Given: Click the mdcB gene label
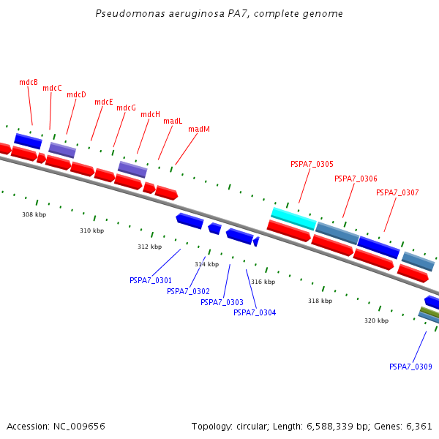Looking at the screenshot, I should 29,83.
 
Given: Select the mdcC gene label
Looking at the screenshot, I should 52,89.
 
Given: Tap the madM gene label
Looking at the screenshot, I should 199,130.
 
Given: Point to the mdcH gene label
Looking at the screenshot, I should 151,115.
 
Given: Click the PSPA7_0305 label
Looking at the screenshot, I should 312,165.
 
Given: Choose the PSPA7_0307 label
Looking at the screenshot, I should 397,193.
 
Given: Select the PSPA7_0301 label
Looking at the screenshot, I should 151,281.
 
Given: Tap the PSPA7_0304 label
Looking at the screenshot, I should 255,313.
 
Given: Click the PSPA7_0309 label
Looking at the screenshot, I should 410,367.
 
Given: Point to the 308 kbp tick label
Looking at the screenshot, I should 34,215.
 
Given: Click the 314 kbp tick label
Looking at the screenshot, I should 206,264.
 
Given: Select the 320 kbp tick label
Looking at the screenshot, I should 377,320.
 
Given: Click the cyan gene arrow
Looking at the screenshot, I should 293,218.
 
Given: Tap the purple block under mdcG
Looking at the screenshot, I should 132,169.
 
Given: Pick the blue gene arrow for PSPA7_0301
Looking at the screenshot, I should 190,219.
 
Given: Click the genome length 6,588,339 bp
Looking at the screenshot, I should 336,426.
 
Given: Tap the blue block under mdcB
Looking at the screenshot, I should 28,140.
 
